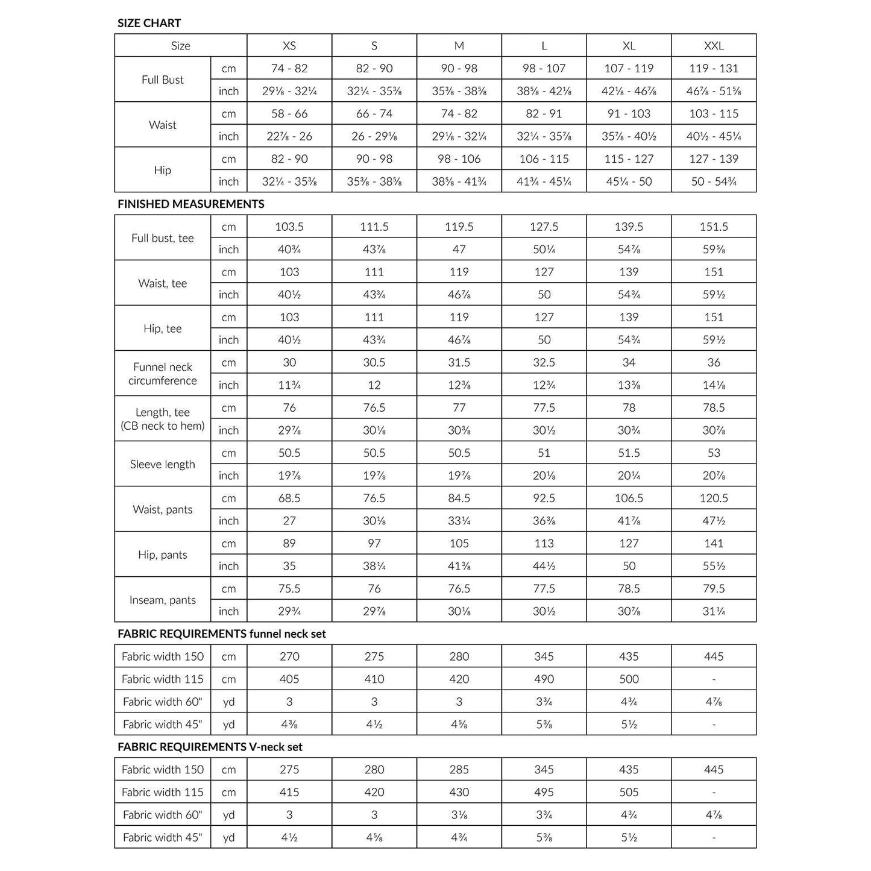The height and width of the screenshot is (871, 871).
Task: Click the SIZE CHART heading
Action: (x=149, y=23)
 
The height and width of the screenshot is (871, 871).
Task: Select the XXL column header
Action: (x=714, y=46)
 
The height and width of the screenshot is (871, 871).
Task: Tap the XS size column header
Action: (x=289, y=46)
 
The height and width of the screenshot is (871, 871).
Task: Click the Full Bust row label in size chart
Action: (x=162, y=80)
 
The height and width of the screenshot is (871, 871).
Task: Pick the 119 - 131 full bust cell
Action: (x=714, y=68)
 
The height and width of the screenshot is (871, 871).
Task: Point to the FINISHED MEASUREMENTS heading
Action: (x=190, y=204)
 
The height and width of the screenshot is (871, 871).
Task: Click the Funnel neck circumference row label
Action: (x=162, y=374)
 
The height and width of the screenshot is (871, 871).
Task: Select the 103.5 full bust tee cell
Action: (x=289, y=227)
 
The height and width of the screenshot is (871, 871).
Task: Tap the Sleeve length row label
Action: (x=162, y=464)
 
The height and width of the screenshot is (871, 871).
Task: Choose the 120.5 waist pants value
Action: (x=714, y=498)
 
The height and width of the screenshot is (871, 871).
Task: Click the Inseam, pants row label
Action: (x=162, y=600)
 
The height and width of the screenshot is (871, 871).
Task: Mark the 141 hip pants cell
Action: (x=714, y=544)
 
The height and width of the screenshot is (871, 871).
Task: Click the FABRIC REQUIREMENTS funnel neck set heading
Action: (x=222, y=634)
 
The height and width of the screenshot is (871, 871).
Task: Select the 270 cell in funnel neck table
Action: (x=289, y=656)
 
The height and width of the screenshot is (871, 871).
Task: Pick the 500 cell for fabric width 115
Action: (x=629, y=679)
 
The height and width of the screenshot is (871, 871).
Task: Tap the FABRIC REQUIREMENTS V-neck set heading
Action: (x=210, y=747)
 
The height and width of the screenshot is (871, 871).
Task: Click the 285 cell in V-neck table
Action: (x=459, y=770)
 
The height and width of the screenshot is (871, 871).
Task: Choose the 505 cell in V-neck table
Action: (x=629, y=792)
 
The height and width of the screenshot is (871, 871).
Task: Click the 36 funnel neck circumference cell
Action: (x=714, y=362)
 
